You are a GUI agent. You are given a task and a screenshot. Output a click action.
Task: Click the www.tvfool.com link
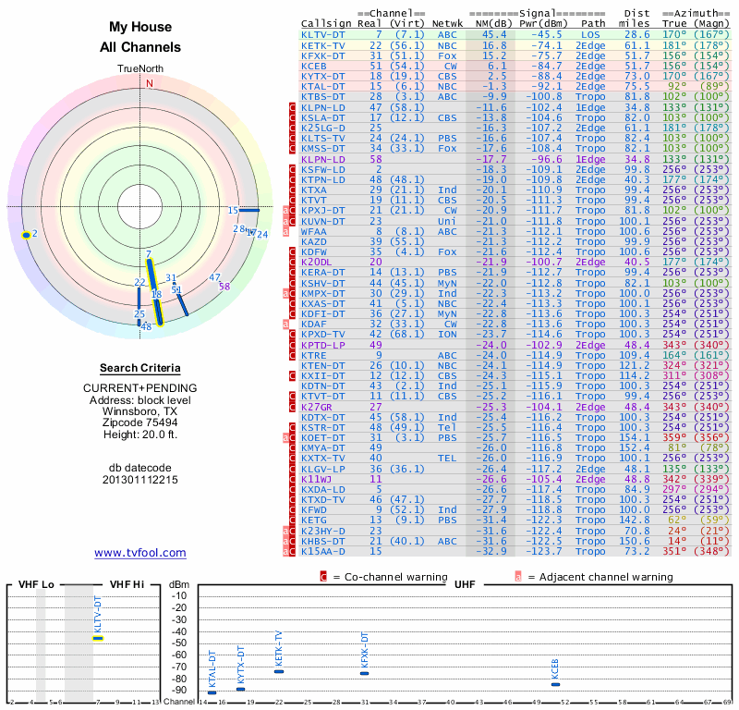(139, 553)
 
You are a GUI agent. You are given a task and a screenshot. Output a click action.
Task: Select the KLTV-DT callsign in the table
(323, 34)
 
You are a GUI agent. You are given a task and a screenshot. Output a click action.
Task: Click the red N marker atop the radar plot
(149, 82)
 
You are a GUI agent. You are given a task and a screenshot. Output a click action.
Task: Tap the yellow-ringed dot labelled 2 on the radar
(27, 235)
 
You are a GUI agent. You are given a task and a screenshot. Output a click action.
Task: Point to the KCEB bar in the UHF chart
(554, 684)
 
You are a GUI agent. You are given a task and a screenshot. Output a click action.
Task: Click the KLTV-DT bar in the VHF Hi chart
(98, 638)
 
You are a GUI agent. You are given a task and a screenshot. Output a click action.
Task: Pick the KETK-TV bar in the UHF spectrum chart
(278, 671)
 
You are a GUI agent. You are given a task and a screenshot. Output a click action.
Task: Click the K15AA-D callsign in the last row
(323, 552)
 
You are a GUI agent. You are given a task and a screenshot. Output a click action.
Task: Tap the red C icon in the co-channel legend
(323, 577)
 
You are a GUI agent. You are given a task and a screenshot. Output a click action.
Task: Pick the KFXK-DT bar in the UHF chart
(364, 673)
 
